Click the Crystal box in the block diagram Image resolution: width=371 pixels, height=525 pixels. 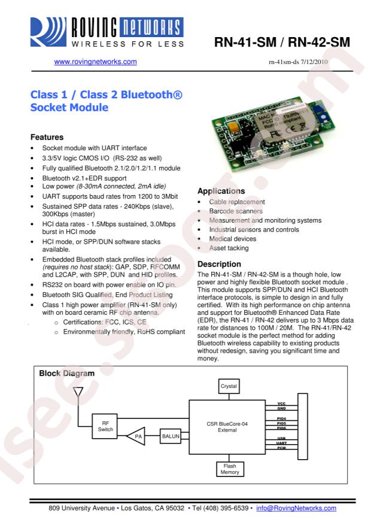point(229,387)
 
